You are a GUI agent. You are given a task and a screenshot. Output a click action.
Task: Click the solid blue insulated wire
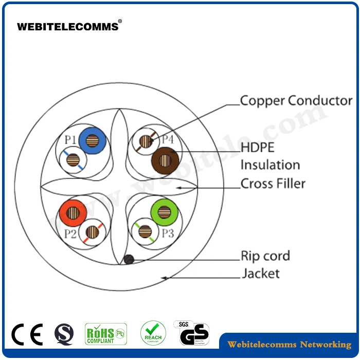93,139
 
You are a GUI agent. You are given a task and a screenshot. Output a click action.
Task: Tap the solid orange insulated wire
73,212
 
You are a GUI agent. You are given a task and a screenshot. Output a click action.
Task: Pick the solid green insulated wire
164,211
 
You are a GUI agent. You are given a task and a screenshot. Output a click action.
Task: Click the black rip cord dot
129,260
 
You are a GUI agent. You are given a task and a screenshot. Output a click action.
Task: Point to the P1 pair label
70,139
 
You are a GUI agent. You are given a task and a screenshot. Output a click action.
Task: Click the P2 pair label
70,234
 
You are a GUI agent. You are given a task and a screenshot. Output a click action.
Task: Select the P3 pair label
168,233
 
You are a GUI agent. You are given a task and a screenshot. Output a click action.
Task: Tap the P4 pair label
168,139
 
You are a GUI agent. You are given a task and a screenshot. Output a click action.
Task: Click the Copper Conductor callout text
296,101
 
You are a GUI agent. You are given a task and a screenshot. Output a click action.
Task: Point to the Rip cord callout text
265,256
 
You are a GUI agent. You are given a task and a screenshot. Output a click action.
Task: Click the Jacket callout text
261,273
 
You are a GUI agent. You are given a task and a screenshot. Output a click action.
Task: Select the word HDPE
258,148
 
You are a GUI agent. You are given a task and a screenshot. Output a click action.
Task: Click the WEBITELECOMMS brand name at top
68,27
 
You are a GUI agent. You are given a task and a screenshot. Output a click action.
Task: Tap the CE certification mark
27,334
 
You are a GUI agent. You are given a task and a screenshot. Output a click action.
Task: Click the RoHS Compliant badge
105,334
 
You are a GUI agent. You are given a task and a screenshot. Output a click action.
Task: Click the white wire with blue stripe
73,160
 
